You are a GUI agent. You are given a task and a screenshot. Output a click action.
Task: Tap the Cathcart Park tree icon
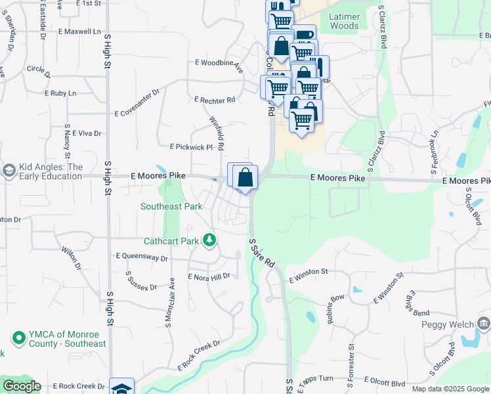point(209,240)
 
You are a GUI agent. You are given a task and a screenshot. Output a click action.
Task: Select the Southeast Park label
point(171,206)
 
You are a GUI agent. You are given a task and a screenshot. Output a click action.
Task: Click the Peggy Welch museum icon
point(484,323)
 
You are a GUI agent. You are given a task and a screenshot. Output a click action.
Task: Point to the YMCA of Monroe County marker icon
point(18,338)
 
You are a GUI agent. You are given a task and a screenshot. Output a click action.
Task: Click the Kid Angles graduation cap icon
point(9,171)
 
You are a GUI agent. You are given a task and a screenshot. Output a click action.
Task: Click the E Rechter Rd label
point(215,100)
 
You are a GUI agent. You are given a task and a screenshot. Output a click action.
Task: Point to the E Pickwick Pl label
point(192,147)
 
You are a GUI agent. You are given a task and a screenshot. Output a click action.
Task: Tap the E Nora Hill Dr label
point(209,276)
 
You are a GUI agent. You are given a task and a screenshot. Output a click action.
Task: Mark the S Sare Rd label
point(261,253)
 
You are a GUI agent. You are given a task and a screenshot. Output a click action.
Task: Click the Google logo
point(22,386)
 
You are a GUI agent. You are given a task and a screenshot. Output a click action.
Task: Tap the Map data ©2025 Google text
point(450,389)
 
